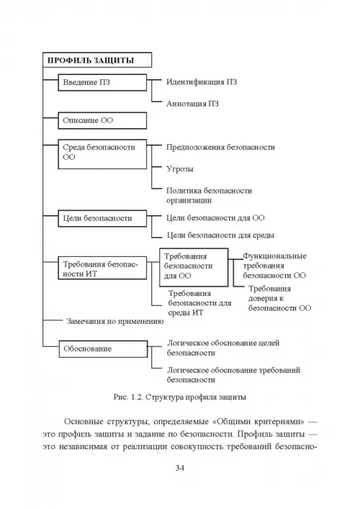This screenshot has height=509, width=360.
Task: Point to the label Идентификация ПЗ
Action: pos(202,82)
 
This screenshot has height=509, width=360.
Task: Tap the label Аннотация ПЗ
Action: pos(192,104)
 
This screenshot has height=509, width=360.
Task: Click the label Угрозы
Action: pos(180,168)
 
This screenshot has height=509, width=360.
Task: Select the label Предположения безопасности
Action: pos(221,147)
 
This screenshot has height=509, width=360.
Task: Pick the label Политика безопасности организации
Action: pos(209,195)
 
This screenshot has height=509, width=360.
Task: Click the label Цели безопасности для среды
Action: pos(221,235)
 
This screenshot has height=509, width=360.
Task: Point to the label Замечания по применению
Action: pos(115,321)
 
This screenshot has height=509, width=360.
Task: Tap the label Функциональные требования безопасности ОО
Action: pos(274,266)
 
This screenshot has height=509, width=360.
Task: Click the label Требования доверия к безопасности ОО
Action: pos(280,298)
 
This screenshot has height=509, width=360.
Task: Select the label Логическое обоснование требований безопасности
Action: pos(234,375)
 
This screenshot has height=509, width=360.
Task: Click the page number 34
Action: pos(180,468)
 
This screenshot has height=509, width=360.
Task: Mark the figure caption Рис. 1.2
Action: pos(180,397)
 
